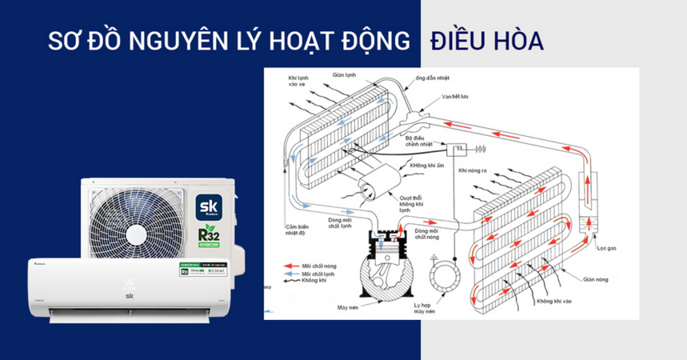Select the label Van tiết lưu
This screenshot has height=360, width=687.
pyautogui.click(x=433, y=96)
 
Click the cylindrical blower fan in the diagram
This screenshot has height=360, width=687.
pyautogui.click(x=375, y=191)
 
